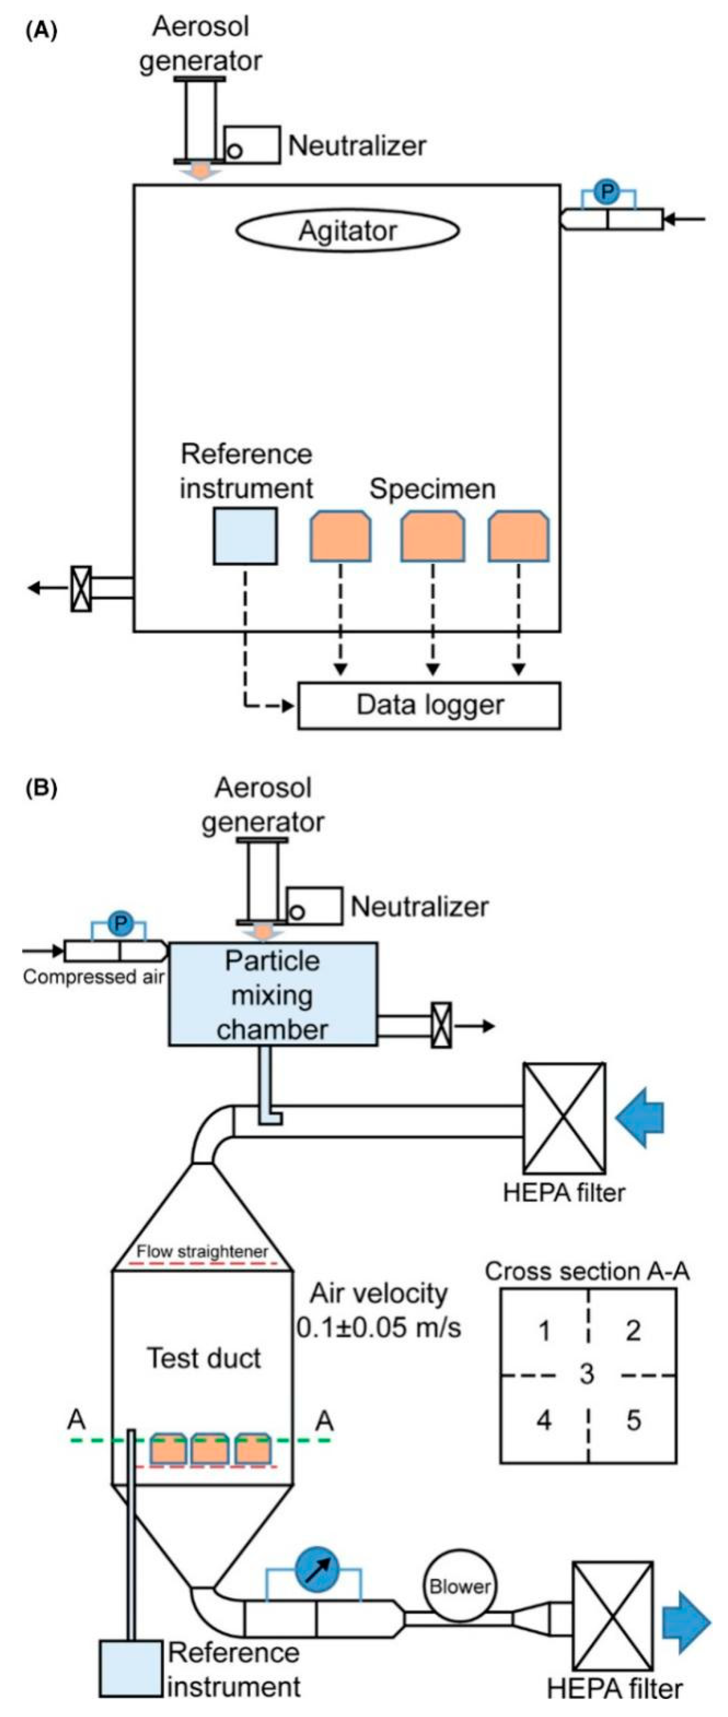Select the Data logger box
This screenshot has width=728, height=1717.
click(x=429, y=705)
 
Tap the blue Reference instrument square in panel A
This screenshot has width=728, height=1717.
click(x=245, y=536)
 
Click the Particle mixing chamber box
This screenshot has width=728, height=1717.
click(x=273, y=994)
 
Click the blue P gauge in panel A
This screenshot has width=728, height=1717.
click(x=607, y=192)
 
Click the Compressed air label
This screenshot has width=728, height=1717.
click(x=93, y=977)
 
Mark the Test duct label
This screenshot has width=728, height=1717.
click(x=204, y=1358)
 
